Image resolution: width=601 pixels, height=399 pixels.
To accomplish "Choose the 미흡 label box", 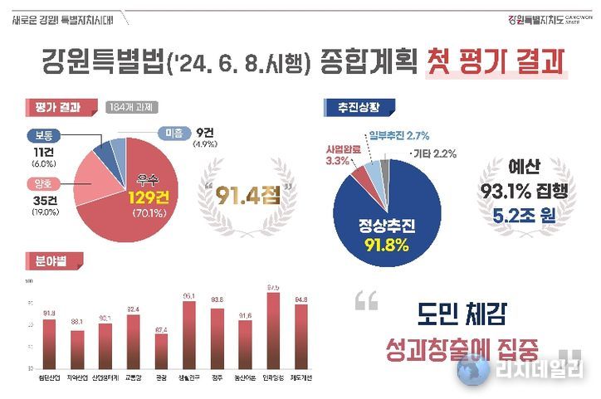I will click(172, 130).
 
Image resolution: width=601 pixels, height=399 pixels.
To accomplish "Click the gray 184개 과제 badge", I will click(133, 107).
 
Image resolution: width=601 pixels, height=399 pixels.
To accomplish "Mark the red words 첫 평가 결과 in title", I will click(493, 62).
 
